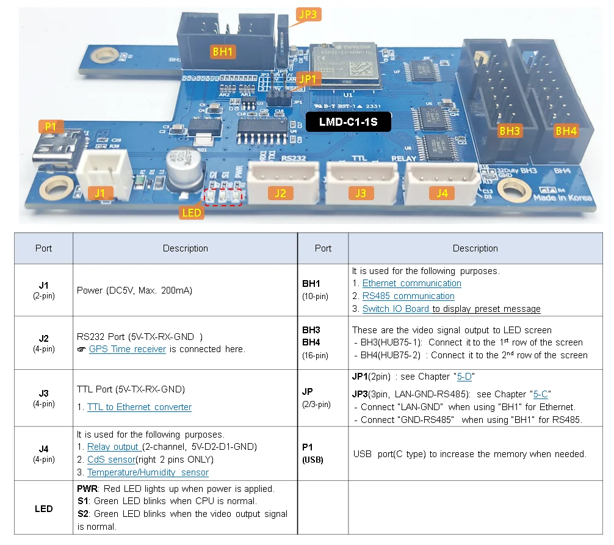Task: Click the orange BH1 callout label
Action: [x=223, y=51]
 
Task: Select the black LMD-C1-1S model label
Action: [x=348, y=122]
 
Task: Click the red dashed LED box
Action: [x=223, y=197]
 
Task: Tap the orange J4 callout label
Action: [x=441, y=193]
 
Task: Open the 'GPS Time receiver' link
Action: [x=127, y=349]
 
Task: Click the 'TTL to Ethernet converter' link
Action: [x=139, y=407]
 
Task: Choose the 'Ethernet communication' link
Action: [x=411, y=283]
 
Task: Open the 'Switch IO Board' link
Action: [x=395, y=309]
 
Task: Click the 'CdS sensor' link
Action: [x=110, y=460]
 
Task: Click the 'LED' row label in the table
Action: [x=44, y=508]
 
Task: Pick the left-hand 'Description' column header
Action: [x=185, y=248]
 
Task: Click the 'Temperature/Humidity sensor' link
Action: [x=148, y=472]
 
